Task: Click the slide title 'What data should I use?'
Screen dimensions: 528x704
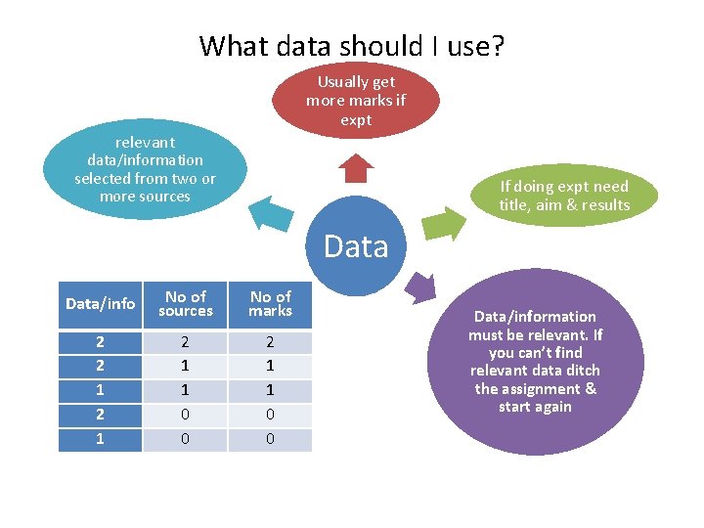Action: [352, 45]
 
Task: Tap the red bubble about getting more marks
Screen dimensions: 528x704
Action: [356, 100]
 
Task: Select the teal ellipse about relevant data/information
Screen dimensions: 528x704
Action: [145, 169]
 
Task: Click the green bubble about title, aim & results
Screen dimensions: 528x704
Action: [564, 195]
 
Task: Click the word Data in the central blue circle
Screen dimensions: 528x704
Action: [356, 246]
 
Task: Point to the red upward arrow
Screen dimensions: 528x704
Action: [356, 168]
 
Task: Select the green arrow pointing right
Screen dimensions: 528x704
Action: [446, 221]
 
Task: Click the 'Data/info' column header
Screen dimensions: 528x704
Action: [100, 304]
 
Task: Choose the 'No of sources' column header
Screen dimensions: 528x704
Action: [186, 304]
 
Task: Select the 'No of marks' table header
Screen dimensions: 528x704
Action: [271, 304]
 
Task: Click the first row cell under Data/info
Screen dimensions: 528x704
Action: [100, 343]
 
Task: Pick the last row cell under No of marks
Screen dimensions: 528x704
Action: [271, 440]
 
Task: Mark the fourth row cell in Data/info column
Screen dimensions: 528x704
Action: [100, 416]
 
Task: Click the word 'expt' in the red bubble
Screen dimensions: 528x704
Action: [356, 119]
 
